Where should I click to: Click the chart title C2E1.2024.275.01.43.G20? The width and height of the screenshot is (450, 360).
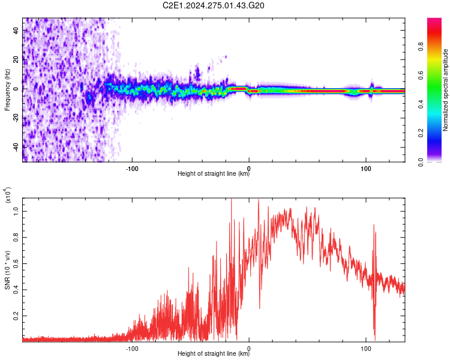coord(213,5)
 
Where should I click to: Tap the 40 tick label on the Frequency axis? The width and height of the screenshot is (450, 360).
coord(16,31)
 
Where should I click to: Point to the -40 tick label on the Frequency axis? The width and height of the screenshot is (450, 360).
coord(16,147)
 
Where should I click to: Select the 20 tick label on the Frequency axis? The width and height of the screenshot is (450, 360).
coord(16,60)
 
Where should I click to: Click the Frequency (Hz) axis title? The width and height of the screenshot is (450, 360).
coord(7,89)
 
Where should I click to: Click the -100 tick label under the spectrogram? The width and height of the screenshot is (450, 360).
coord(132,169)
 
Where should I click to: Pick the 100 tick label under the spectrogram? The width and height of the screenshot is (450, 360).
coord(366,169)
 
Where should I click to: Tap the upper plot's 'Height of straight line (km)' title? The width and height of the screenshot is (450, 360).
coord(214,173)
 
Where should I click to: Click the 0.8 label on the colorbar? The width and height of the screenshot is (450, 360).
coord(421,46)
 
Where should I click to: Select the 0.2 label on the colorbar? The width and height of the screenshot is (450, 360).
coord(421,133)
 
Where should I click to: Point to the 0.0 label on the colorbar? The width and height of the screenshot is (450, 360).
coord(421,162)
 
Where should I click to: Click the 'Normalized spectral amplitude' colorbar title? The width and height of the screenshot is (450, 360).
coord(445,90)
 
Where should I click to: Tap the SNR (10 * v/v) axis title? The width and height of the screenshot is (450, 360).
coord(7,270)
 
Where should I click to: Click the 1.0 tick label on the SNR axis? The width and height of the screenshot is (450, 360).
coord(16,212)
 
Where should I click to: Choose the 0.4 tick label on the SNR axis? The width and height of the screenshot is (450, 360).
coord(16,290)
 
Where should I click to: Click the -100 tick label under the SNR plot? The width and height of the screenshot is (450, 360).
coord(132,349)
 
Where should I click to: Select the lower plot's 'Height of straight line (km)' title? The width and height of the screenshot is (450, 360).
coord(214,353)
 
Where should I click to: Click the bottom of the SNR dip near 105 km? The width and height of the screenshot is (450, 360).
coord(375,340)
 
